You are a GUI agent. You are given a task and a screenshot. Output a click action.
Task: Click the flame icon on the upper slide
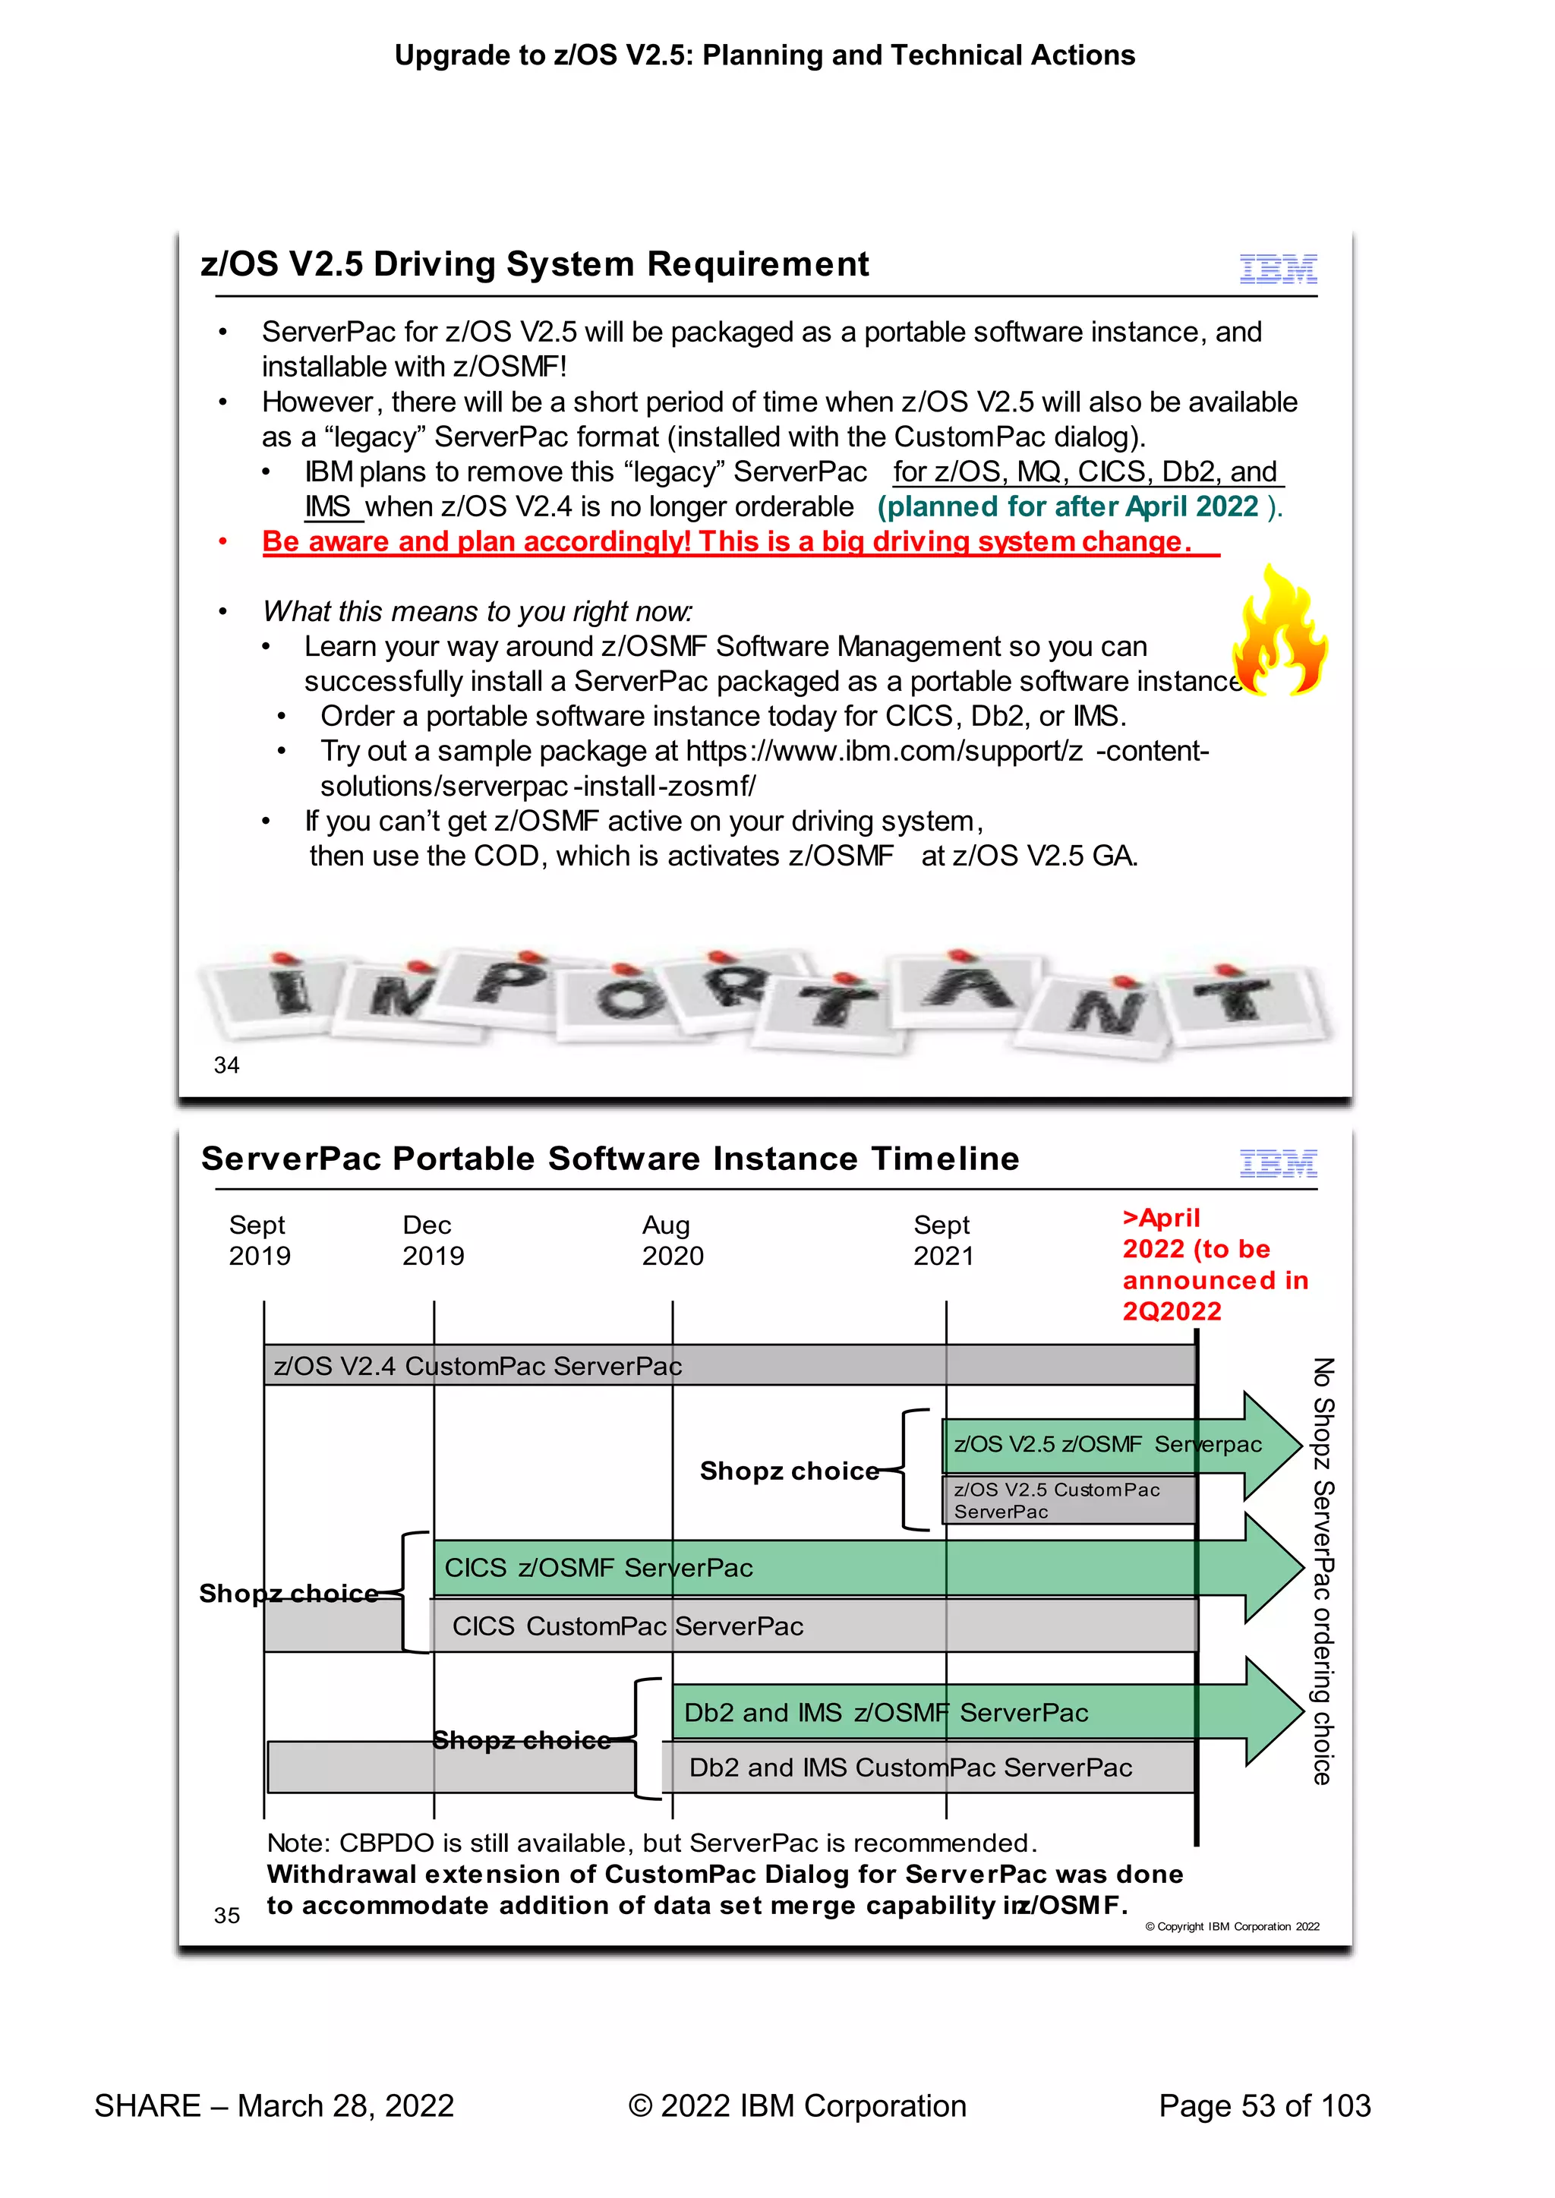coord(1280,632)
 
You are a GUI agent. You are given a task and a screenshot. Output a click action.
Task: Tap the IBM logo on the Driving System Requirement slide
coord(1279,269)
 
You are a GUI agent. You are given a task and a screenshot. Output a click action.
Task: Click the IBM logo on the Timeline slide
coord(1279,1163)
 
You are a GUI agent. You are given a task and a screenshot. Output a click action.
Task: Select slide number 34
coord(227,1064)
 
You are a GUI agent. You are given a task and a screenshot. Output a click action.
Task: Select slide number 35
coord(227,1915)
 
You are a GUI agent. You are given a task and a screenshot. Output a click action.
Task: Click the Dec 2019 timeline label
coord(433,1241)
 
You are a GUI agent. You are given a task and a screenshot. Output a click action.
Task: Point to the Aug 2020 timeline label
coord(672,1241)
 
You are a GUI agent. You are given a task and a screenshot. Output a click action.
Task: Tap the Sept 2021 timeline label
coord(943,1241)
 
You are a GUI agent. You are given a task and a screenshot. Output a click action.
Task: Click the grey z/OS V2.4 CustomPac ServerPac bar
coord(727,1365)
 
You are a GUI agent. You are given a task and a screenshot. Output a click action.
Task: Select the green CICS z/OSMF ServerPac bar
coord(814,1567)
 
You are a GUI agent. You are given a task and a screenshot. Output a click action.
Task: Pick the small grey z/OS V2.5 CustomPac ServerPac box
coord(1068,1500)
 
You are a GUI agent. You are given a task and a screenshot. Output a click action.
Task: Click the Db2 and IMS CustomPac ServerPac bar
coord(910,1768)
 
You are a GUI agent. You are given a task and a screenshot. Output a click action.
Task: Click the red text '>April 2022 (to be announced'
coord(1214,1263)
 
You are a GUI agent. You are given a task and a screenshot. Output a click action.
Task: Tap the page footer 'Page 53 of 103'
coord(1264,2105)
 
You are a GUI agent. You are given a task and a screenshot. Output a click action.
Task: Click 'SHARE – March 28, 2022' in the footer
coord(274,2105)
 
